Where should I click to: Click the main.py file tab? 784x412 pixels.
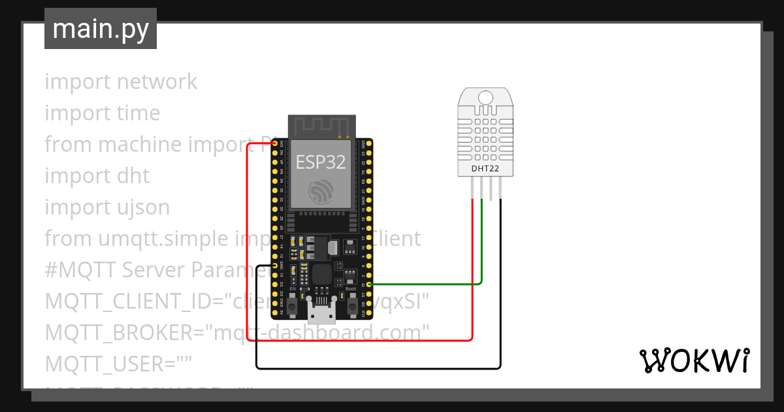point(100,29)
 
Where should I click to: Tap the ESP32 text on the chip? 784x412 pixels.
point(321,162)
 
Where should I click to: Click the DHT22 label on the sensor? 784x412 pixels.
point(485,169)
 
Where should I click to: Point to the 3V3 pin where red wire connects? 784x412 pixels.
point(274,143)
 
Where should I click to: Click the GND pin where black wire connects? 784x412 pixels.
point(274,266)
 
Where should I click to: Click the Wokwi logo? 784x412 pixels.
point(694,360)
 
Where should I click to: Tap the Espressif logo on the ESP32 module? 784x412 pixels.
point(321,191)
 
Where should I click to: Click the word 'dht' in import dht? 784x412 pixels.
point(133,176)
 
